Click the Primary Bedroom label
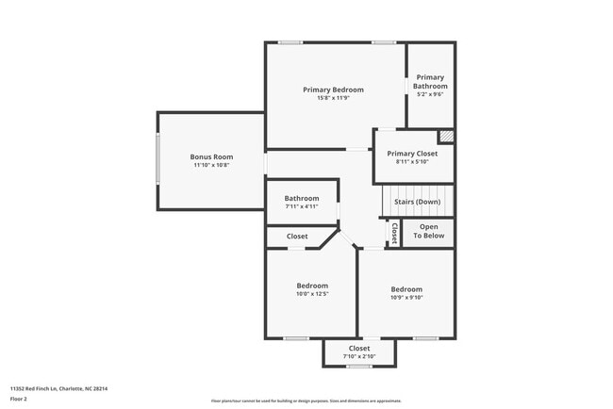[333, 90]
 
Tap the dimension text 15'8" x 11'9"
[333, 98]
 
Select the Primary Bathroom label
[429, 81]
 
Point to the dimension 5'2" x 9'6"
[429, 94]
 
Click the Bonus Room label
[211, 156]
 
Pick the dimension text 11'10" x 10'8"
[211, 165]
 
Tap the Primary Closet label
[412, 153]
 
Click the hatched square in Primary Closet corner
[446, 137]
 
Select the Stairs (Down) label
[417, 202]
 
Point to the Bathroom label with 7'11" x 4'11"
[302, 198]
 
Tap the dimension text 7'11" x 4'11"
[302, 205]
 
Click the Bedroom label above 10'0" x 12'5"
[312, 286]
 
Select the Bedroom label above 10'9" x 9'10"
[406, 289]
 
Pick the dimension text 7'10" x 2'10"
[359, 356]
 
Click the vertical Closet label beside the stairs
[394, 233]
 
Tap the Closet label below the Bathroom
[297, 237]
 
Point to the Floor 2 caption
[20, 399]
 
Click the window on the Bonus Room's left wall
[158, 160]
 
